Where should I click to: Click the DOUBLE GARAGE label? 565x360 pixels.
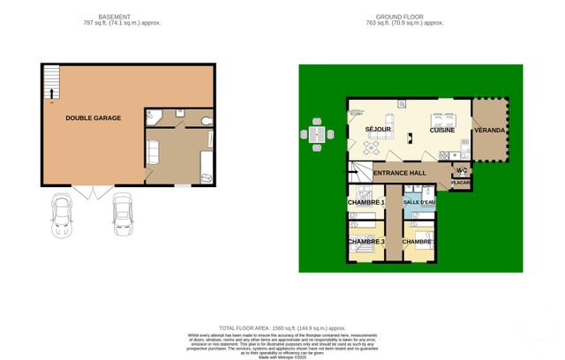pos(93,117)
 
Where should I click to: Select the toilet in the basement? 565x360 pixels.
pos(206,119)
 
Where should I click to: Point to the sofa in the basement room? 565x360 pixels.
pos(151,151)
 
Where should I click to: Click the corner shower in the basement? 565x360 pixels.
pos(151,116)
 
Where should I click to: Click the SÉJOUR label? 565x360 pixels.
pos(378,131)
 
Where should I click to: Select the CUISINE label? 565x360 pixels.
pos(442,131)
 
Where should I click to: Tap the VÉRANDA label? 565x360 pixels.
pos(490,131)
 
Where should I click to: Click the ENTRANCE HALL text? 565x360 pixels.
pos(401,173)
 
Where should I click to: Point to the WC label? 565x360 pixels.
pos(461,170)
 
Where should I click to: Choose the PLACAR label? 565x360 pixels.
pos(461,183)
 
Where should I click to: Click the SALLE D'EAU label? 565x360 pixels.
pos(419,203)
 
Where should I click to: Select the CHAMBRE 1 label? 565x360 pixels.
pos(366,203)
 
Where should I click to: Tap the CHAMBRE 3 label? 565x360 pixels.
pos(365,241)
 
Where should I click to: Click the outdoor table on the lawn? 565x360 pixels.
pos(318,134)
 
